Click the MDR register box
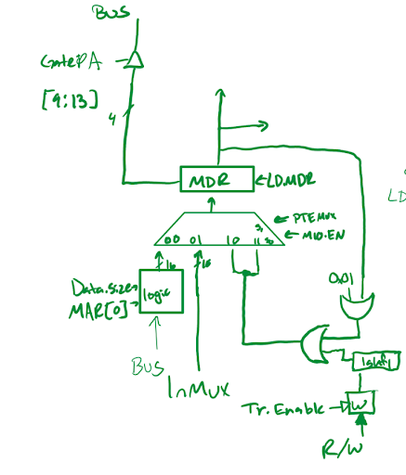click(216, 179)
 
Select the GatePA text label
click(70, 62)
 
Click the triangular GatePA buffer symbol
click(135, 60)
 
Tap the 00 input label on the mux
click(173, 239)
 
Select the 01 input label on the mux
click(196, 240)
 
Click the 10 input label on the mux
click(231, 240)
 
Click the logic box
click(160, 291)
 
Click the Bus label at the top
click(112, 14)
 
